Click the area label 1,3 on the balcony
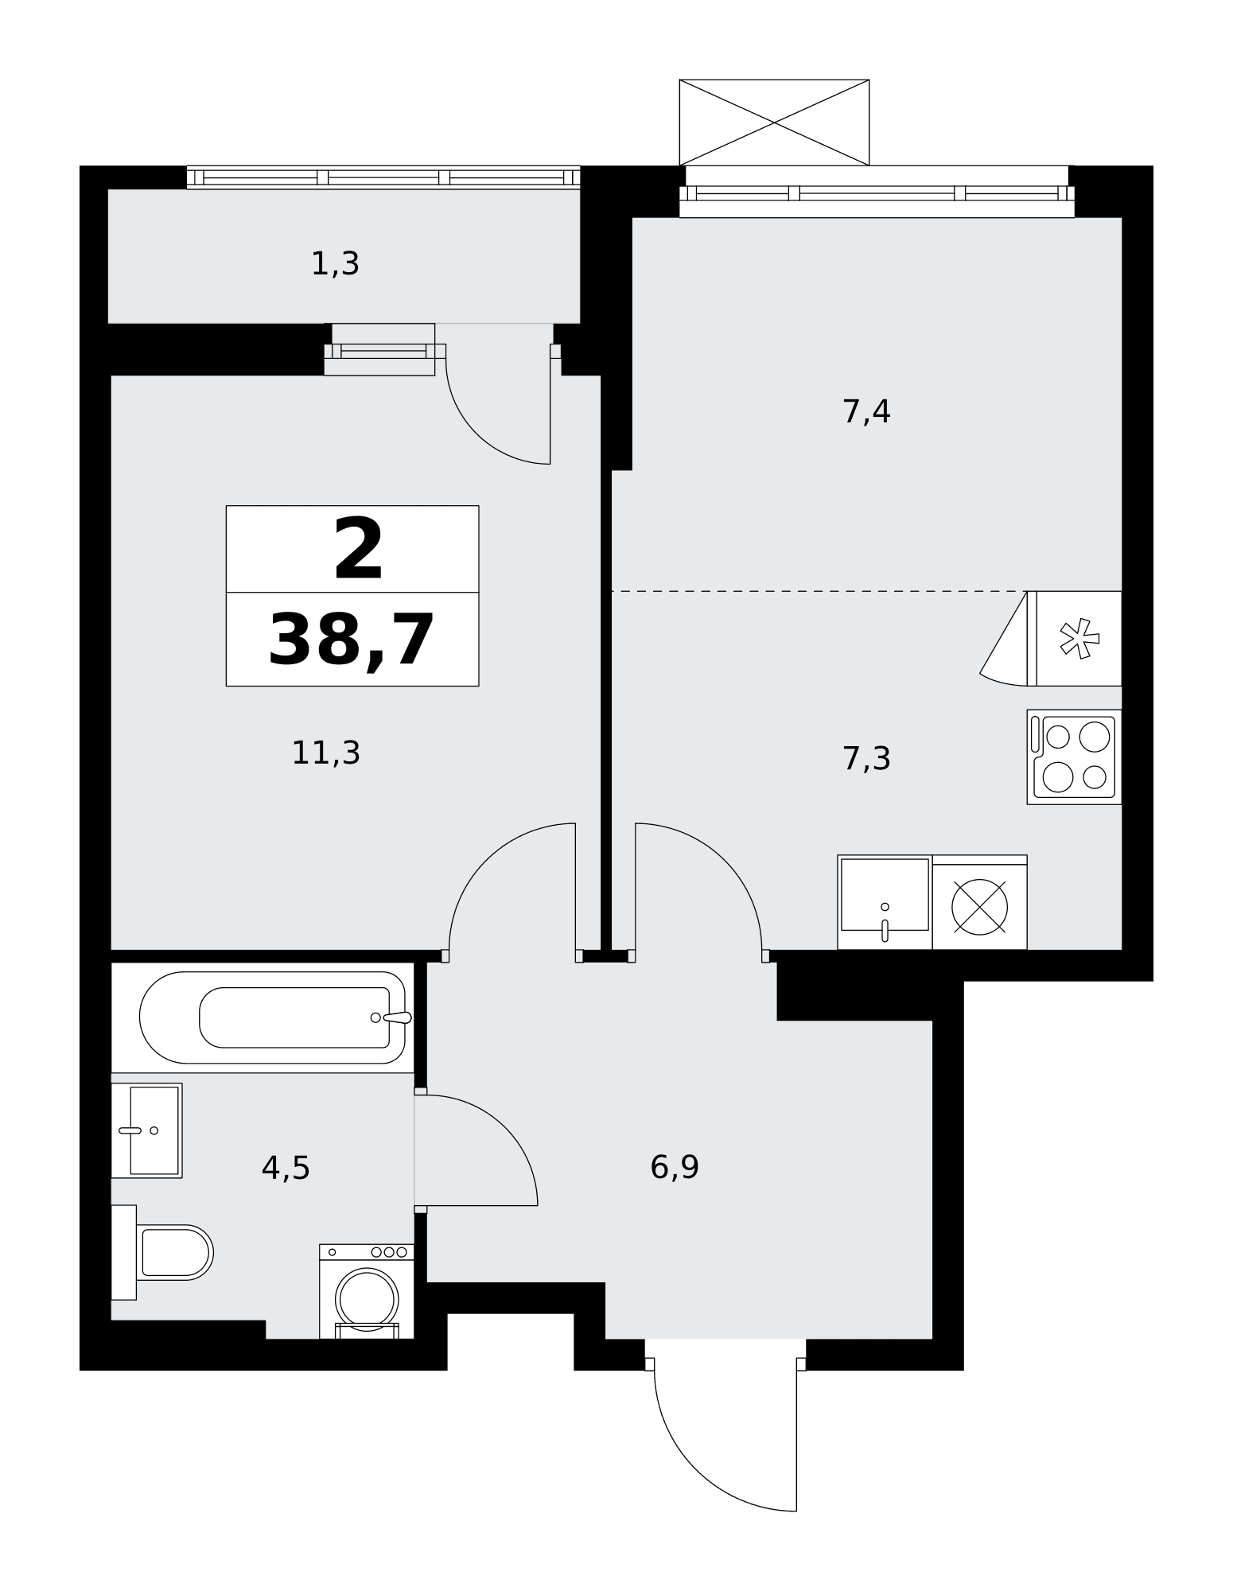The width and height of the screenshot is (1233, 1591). coord(335,264)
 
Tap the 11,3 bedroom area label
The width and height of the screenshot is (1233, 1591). coord(326,753)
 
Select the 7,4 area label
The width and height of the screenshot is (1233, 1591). coord(866,412)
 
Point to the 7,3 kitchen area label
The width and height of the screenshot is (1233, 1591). coord(866,759)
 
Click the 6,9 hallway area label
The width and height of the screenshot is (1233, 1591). coord(675,1167)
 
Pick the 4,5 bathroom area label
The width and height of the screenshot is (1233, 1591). coord(286,1168)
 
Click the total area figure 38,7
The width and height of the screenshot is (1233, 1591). coord(352,640)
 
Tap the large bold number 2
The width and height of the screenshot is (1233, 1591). coord(358,549)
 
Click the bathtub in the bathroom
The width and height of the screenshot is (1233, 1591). coord(273,1017)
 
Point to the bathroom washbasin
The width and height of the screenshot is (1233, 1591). coord(147,1130)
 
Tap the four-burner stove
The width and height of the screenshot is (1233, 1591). coord(1075,757)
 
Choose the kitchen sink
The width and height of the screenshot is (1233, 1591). coord(885,902)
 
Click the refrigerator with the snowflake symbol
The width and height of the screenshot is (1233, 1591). coord(1075,638)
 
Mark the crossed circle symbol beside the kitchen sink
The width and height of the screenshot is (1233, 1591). coord(980,907)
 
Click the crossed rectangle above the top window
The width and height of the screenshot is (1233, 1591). coord(774,123)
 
